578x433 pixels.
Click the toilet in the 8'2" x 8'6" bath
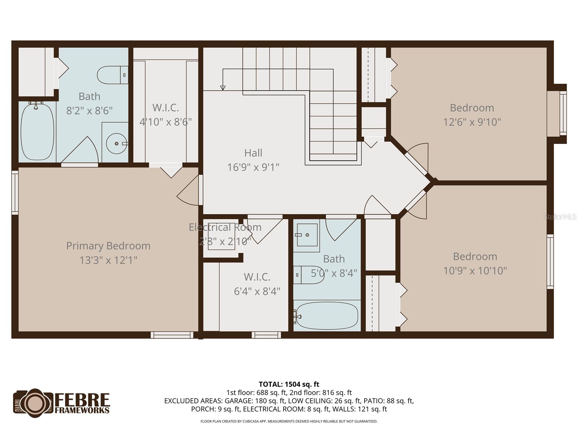point(112,75)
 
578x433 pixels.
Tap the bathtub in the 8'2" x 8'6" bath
point(37,132)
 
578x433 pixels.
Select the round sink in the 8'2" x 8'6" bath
point(116,143)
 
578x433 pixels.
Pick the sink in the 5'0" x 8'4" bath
point(307,235)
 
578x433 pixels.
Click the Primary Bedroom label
point(108,246)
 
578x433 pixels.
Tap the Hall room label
point(253,153)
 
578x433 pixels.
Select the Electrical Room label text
point(225,227)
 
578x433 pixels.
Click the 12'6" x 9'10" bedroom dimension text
point(472,122)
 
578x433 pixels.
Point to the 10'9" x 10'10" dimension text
point(475,271)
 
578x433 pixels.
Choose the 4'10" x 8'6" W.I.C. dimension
point(165,122)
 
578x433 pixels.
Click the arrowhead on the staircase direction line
point(223,88)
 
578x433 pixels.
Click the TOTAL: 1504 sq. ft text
point(289,384)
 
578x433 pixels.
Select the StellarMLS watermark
point(560,217)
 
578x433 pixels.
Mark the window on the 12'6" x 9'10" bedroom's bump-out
point(563,113)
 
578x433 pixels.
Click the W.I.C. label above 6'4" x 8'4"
point(257,277)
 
